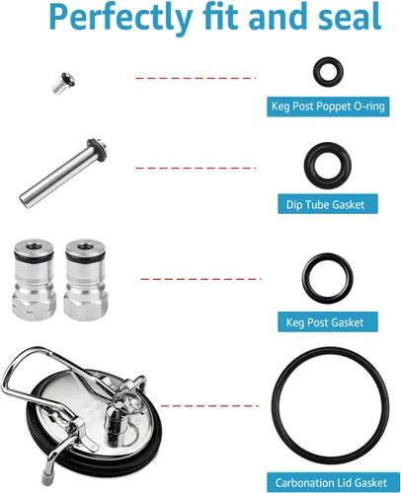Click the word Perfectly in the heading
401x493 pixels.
(x=120, y=17)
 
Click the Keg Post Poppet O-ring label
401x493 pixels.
(x=328, y=106)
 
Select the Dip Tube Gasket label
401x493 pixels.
(x=328, y=204)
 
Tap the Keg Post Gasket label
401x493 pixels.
(x=328, y=321)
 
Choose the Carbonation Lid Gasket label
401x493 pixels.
(x=333, y=482)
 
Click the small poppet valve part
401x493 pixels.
(x=63, y=84)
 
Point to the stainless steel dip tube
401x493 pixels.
(x=63, y=173)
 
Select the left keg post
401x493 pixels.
(x=35, y=279)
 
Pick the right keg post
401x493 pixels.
(x=86, y=279)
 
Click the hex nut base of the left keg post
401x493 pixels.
(x=35, y=304)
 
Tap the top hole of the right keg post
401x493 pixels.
(x=86, y=246)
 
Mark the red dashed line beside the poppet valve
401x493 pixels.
(x=196, y=78)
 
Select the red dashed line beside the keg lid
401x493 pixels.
(x=209, y=406)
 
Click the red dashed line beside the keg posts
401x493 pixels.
(x=200, y=279)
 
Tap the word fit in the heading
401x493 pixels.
(x=220, y=17)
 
